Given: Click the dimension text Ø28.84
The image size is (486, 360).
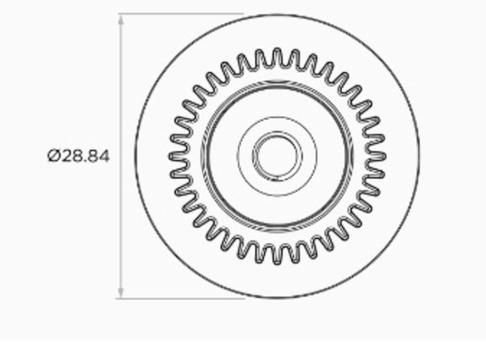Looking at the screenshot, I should click(79, 156).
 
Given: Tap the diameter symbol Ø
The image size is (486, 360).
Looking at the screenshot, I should click(53, 156).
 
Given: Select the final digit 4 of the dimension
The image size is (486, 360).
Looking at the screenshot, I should click(104, 156).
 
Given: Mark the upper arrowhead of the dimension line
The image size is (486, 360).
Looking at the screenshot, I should click(122, 18).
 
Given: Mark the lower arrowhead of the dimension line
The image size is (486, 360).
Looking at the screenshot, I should click(122, 293).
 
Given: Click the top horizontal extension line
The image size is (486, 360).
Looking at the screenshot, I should click(182, 13).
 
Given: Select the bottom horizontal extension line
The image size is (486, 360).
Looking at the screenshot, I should click(182, 298).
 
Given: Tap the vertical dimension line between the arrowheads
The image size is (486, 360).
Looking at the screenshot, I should click(122, 91).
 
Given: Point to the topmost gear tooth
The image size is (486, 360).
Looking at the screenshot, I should click(277, 53).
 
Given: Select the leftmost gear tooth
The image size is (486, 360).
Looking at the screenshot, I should click(174, 156).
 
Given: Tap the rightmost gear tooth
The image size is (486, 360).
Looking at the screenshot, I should click(381, 156).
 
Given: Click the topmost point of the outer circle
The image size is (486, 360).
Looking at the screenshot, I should click(277, 14).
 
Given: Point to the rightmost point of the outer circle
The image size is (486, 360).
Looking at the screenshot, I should click(419, 156).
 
